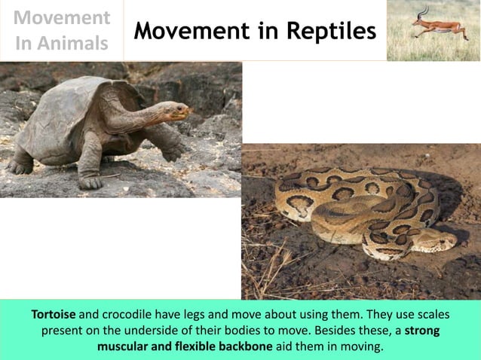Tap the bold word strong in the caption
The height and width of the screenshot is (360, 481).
coord(423,331)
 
